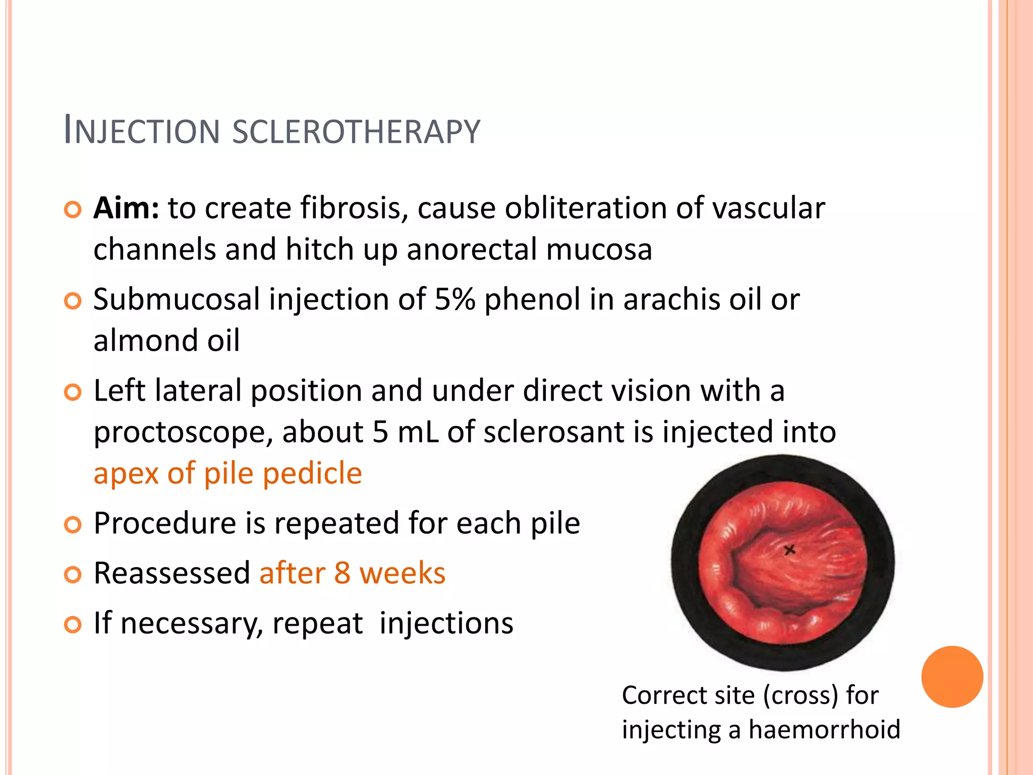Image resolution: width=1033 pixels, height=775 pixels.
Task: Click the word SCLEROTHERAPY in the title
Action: (356, 132)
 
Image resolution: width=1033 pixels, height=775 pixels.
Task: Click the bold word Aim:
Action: (127, 208)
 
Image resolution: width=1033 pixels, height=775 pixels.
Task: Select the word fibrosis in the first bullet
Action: (354, 208)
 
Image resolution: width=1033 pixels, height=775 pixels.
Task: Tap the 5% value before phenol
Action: (454, 299)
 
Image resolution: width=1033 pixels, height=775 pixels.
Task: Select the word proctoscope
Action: (183, 432)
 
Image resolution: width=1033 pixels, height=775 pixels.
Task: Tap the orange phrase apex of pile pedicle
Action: (227, 473)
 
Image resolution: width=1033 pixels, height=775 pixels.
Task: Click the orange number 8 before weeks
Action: (342, 574)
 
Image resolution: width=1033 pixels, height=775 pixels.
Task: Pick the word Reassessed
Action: (172, 574)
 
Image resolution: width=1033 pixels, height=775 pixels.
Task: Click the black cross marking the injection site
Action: (790, 549)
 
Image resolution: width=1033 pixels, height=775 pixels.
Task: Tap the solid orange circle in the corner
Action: (952, 677)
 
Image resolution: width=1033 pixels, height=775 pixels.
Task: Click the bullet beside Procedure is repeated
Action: (73, 525)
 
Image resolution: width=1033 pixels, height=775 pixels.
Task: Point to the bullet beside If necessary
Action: (73, 625)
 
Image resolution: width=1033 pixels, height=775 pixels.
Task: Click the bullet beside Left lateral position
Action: (73, 392)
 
